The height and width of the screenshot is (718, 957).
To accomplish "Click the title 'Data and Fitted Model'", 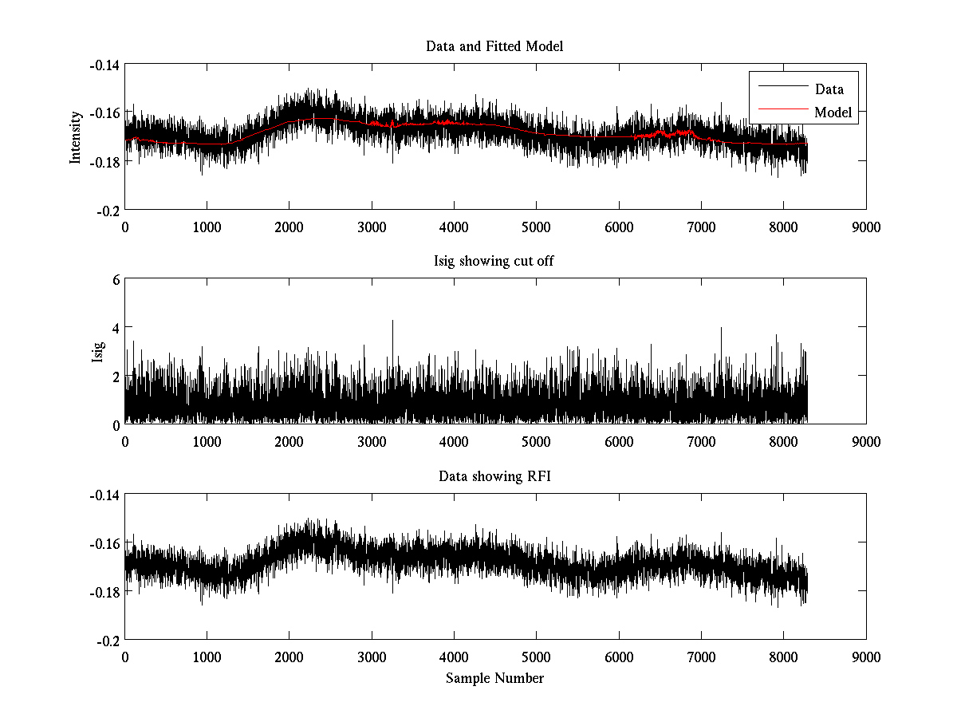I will [494, 46].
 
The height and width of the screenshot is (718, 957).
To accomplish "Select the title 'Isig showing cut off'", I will [494, 262].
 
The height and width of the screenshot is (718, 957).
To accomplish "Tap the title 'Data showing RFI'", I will [494, 477].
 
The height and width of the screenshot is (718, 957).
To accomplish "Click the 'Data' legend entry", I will [829, 89].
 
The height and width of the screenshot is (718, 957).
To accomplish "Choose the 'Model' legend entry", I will [833, 112].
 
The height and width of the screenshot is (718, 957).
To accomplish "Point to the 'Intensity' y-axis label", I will [76, 136].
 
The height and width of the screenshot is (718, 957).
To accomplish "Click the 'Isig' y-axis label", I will [98, 352].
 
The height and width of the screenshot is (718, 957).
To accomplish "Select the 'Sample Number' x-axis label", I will [494, 678].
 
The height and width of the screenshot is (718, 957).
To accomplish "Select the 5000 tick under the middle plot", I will [536, 441].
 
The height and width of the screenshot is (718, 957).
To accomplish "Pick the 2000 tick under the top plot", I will [289, 226].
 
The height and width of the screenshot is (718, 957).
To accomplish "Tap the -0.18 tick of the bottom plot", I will [104, 592].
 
